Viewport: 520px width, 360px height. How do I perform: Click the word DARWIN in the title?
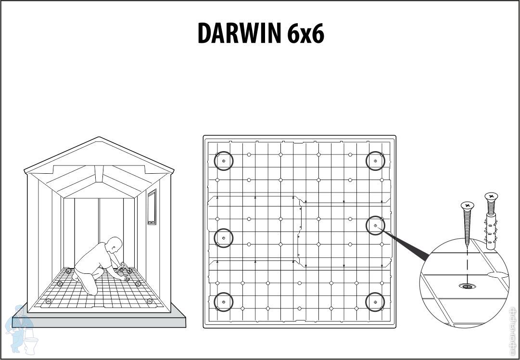pyautogui.click(x=239, y=33)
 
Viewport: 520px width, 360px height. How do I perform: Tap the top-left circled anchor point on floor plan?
pyautogui.click(x=224, y=161)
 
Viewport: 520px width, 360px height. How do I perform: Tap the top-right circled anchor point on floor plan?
pyautogui.click(x=375, y=161)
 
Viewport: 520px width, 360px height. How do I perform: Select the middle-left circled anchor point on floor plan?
pyautogui.click(x=223, y=238)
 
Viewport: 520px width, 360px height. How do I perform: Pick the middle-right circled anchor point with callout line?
pyautogui.click(x=375, y=225)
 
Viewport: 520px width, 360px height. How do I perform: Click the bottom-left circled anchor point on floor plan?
pyautogui.click(x=224, y=302)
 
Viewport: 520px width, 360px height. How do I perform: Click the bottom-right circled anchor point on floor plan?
pyautogui.click(x=375, y=302)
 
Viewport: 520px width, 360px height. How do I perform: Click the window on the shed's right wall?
pyautogui.click(x=152, y=207)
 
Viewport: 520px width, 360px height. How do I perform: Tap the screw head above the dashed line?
pyautogui.click(x=467, y=206)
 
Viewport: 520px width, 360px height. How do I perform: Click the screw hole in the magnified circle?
pyautogui.click(x=466, y=286)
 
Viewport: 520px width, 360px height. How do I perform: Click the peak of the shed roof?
pyautogui.click(x=99, y=138)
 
